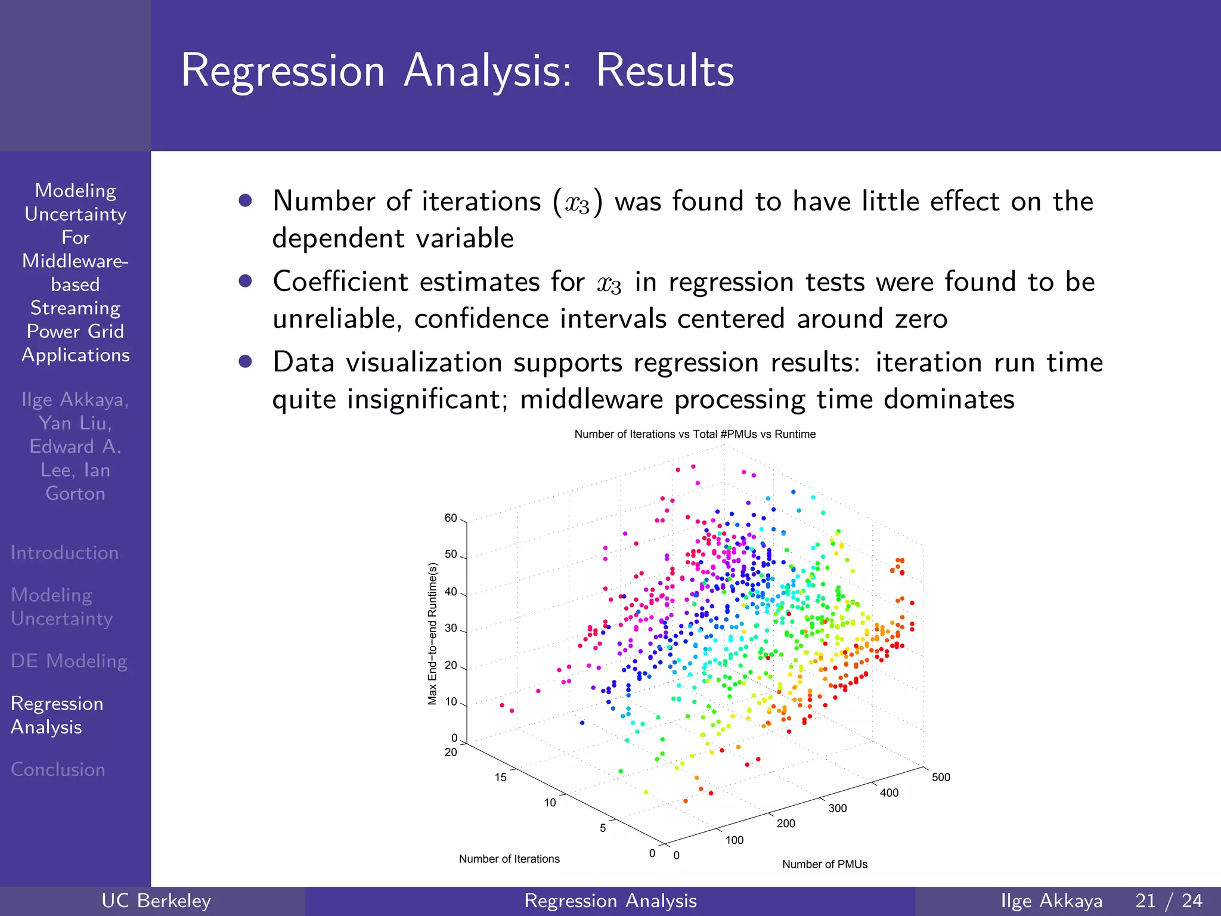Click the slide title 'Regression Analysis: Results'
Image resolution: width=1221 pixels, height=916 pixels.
457,71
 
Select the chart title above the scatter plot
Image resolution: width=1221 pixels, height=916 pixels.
695,434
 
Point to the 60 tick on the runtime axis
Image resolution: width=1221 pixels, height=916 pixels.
451,518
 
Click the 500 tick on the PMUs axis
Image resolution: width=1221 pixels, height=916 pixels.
940,777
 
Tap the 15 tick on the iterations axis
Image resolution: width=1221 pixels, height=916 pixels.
500,777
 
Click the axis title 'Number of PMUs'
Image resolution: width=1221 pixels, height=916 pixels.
825,864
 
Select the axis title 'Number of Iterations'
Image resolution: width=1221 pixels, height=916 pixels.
509,859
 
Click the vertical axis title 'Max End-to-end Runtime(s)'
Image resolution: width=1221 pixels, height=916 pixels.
433,634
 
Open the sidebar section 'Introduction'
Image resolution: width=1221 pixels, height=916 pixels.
64,553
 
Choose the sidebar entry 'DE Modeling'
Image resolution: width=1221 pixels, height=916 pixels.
69,661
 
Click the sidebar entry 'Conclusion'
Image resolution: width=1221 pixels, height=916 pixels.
58,769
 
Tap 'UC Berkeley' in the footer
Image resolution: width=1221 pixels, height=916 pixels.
156,900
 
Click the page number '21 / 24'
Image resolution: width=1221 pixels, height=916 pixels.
1169,900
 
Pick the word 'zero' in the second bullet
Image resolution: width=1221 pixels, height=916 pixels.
921,319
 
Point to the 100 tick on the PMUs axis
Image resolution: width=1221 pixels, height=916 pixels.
734,840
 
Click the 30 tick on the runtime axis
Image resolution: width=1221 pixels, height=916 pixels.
451,629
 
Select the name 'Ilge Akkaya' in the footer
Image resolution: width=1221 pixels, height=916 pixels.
1051,900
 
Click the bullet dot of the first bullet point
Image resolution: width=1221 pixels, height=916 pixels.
245,200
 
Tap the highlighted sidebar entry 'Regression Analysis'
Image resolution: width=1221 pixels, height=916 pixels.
57,715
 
